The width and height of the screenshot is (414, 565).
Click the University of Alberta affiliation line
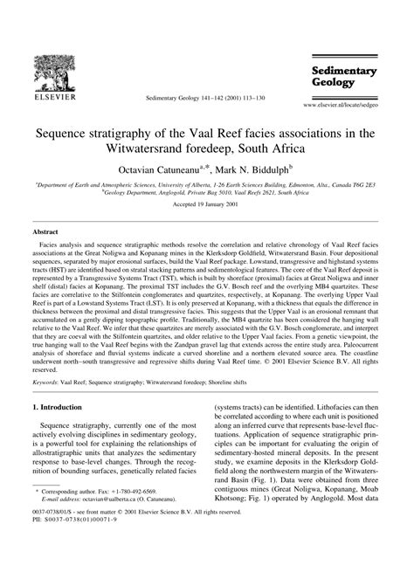click(206, 186)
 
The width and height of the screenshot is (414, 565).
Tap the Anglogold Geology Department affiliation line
click(206, 196)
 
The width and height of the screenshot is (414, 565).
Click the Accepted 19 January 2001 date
click(206, 213)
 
